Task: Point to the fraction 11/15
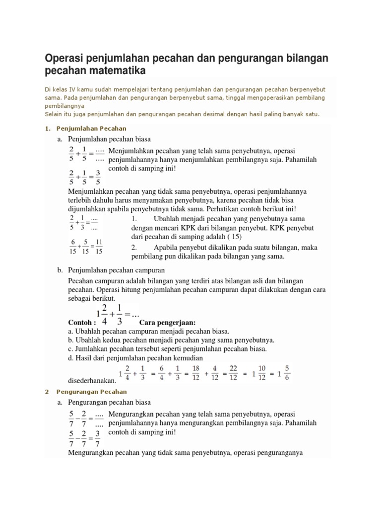coord(99,247)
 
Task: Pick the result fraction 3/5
coord(98,178)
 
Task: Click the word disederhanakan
coord(92,381)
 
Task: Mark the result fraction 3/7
coord(98,438)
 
